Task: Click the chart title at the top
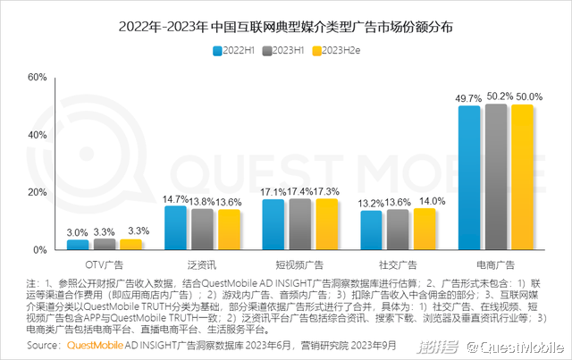(286, 27)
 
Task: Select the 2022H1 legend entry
(241, 50)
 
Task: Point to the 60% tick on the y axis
(36, 77)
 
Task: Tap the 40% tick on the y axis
(36, 135)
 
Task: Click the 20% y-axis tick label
(36, 192)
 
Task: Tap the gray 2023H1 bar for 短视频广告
(300, 224)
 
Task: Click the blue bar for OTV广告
(79, 245)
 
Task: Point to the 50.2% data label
(497, 96)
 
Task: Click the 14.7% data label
(175, 199)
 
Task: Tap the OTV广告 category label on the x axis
(105, 265)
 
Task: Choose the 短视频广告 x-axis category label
(300, 265)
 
